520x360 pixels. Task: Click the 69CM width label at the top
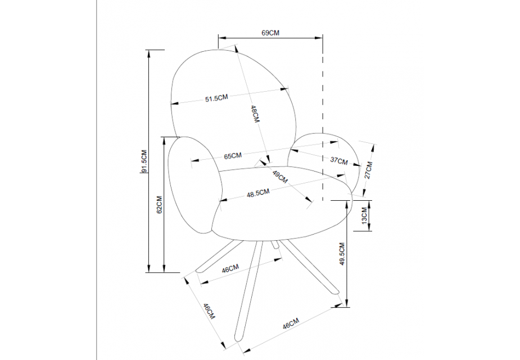[x=270, y=33]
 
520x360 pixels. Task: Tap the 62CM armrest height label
[x=160, y=204]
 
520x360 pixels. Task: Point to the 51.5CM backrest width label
[x=216, y=98]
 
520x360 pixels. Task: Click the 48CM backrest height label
[x=254, y=114]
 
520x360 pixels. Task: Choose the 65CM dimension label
[x=233, y=156]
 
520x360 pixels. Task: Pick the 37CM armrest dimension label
[x=339, y=160]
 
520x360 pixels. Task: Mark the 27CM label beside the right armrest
[x=368, y=170]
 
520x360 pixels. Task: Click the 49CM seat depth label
[x=280, y=177]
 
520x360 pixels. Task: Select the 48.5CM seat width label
[x=258, y=193]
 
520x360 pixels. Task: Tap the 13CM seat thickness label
[x=364, y=215]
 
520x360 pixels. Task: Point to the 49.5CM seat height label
[x=342, y=254]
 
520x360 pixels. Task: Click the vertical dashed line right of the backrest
[x=323, y=120]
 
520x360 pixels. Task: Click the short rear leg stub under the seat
[x=274, y=244]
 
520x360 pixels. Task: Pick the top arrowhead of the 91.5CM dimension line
[x=149, y=53]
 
